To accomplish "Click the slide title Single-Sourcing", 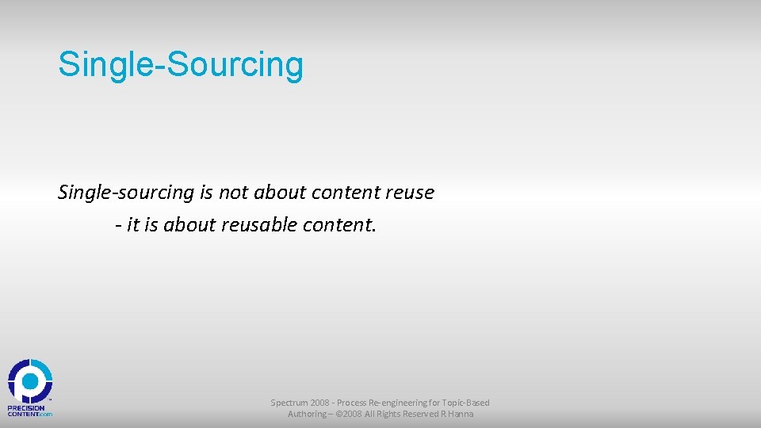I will coord(181,65).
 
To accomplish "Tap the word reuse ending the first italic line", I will coord(408,193).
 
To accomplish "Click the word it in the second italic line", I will coord(132,225).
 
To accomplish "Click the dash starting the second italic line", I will coord(117,226).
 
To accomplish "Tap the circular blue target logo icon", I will coord(30,381).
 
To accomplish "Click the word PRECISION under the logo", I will coord(26,407).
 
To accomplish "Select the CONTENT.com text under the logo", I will coord(30,414).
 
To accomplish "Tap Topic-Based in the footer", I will coord(467,403).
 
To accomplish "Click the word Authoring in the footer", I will coord(307,414).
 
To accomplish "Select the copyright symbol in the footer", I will coord(339,414).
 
